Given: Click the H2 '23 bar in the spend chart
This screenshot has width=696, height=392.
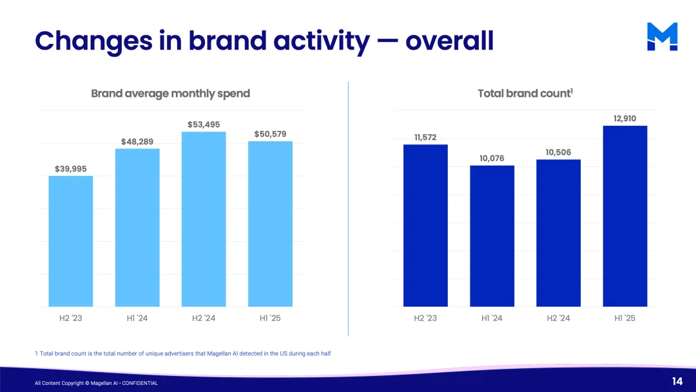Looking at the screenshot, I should [x=71, y=241].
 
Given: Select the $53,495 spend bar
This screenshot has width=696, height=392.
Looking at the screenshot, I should [x=204, y=219].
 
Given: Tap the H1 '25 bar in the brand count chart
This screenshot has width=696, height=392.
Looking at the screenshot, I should [x=624, y=216].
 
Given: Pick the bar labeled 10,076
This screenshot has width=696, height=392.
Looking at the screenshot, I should [x=492, y=236].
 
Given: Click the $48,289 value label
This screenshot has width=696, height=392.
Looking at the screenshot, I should [x=137, y=141].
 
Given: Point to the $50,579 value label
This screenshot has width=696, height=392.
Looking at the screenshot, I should [x=270, y=134].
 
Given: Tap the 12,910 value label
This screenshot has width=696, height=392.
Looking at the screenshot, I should [x=624, y=119].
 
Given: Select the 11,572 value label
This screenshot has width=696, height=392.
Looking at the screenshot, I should [x=425, y=137].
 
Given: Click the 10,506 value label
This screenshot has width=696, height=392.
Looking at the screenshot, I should [x=558, y=152].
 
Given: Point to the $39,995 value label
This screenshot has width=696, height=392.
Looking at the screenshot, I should [x=71, y=169].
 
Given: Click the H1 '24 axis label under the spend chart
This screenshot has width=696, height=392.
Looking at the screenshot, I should [x=137, y=318].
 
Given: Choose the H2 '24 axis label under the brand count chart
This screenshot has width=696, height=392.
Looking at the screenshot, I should [x=558, y=318].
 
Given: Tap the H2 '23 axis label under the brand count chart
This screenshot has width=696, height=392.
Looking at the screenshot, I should [x=425, y=318].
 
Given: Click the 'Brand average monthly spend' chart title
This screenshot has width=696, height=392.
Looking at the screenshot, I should [x=170, y=93].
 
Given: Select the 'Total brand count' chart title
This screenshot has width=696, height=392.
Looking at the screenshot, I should [x=525, y=93].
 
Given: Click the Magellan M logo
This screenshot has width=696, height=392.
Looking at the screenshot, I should [x=662, y=37].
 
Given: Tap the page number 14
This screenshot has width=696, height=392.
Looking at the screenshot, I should [x=677, y=382].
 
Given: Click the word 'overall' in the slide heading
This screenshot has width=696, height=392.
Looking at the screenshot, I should [x=449, y=41].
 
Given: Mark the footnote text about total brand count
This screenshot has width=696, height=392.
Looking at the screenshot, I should [x=183, y=353].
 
